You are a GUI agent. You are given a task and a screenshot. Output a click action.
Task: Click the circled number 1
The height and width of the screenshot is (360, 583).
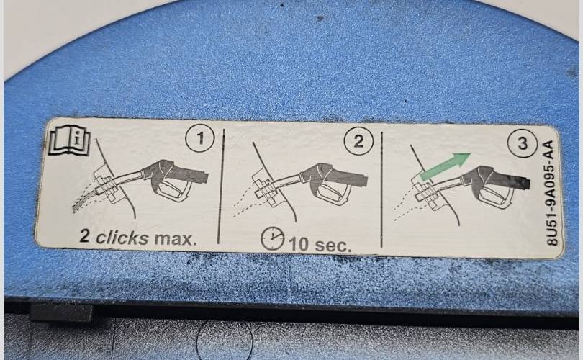coord(200,138)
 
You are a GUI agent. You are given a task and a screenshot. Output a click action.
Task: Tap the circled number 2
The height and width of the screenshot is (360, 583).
coord(358,141)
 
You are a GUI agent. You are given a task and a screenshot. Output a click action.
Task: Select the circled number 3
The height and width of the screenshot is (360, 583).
coord(523,143)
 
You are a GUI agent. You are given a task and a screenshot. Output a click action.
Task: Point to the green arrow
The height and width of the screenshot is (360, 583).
coord(445,166)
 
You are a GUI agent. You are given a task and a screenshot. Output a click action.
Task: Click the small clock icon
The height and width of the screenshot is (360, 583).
coord(273,239)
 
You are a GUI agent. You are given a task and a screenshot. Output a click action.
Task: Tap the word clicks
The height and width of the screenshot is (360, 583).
coord(122,238)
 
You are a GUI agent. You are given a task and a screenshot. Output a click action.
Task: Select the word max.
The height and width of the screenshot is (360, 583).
coord(176,239)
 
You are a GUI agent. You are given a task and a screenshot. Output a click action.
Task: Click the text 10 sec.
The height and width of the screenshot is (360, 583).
coord(320,245)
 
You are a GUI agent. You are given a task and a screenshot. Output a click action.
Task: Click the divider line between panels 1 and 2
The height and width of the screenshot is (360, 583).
coord(220,186)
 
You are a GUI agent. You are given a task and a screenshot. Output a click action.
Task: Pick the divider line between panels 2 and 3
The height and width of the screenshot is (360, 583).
coord(382,189)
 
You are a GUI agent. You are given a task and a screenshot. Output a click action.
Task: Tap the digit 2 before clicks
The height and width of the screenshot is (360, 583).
coord(85,235)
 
